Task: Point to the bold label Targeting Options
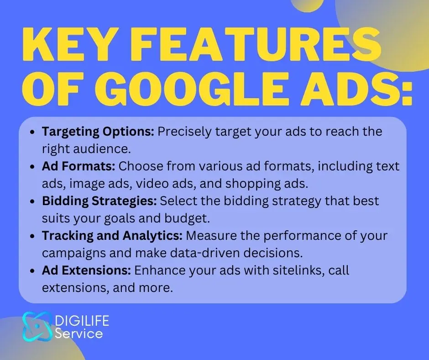pyautogui.click(x=98, y=132)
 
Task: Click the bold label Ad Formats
pyautogui.click(x=78, y=166)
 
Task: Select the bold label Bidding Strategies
pyautogui.click(x=99, y=201)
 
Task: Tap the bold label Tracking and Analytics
pyautogui.click(x=112, y=236)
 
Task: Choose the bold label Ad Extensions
pyautogui.click(x=86, y=270)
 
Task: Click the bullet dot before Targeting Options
pyautogui.click(x=32, y=132)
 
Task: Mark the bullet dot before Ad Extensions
pyautogui.click(x=32, y=271)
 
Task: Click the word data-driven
pyautogui.click(x=205, y=253)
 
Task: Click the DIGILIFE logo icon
pyautogui.click(x=37, y=326)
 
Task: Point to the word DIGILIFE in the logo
pyautogui.click(x=82, y=321)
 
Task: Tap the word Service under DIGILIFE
pyautogui.click(x=79, y=334)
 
